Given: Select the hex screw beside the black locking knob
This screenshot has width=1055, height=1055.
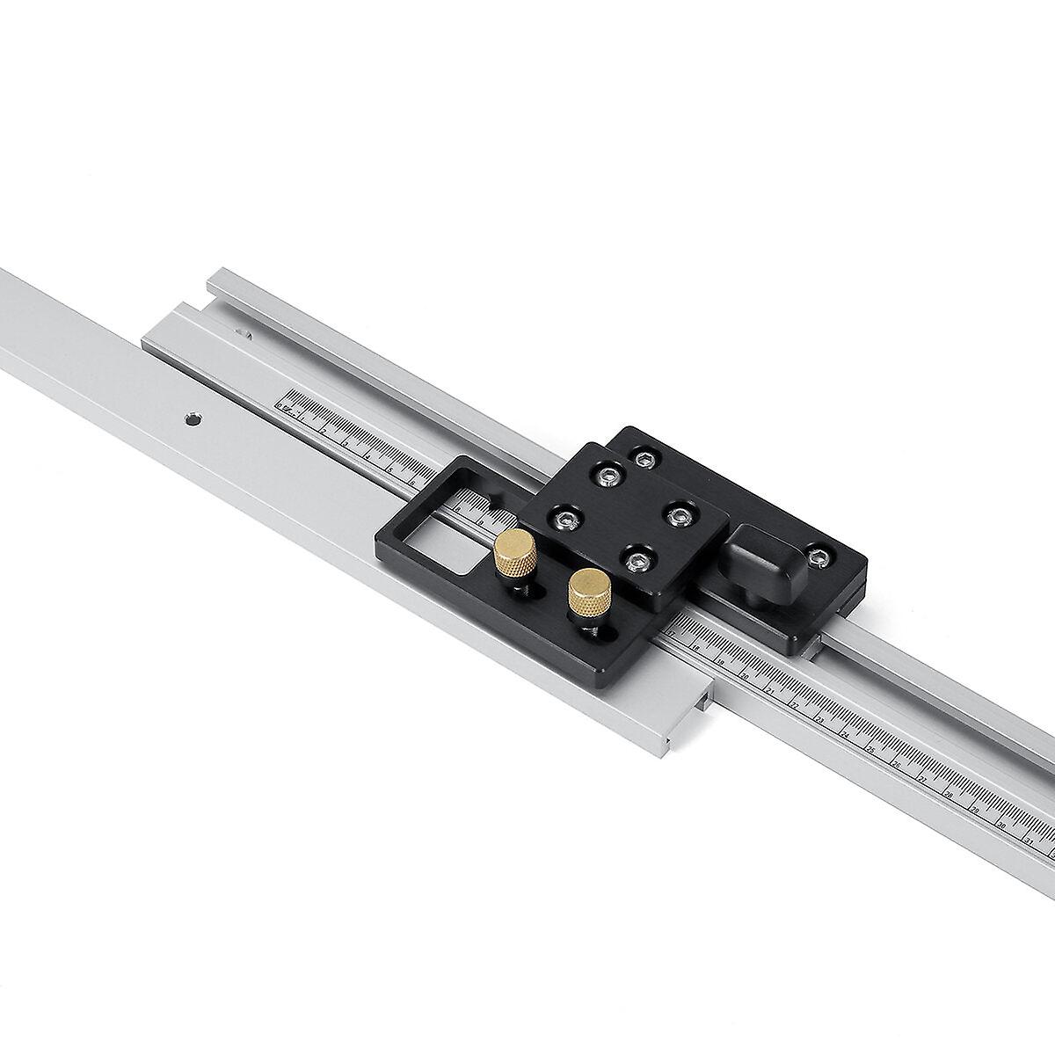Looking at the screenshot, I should point(819,556).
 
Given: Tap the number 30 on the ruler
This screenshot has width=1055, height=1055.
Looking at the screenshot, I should point(1001,826).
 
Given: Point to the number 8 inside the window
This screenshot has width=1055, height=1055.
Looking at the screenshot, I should point(457,510).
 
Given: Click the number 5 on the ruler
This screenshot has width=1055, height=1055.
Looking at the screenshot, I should point(389,469).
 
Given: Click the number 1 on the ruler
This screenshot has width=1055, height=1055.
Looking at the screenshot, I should point(302,418).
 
